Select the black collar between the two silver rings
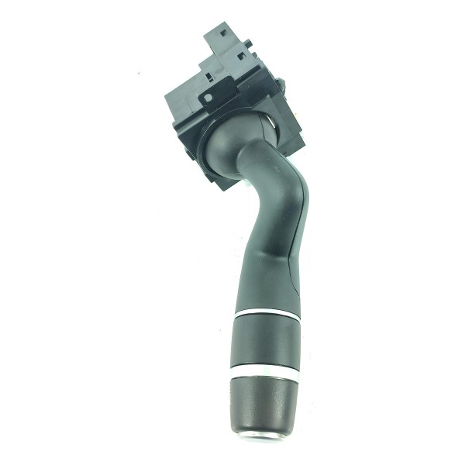point(266,343)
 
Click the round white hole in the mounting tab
point(208,99)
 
